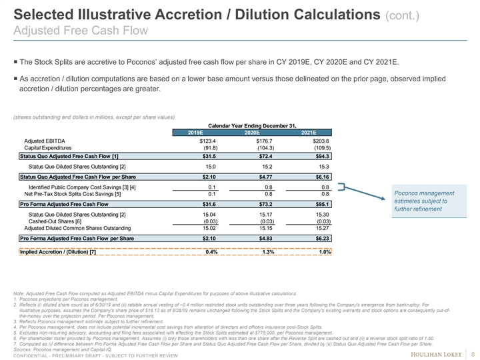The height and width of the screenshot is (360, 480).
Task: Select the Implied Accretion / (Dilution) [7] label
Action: [x=59, y=252]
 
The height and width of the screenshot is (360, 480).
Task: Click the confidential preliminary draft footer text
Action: [x=95, y=355]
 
